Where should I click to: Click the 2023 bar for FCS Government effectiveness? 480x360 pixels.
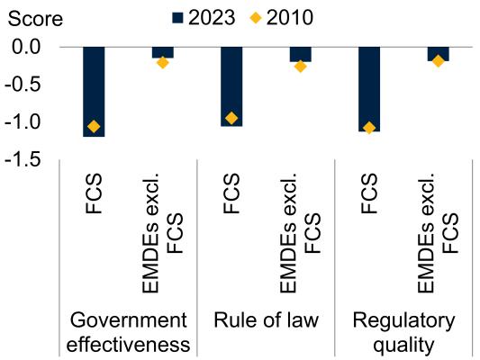pos(94,92)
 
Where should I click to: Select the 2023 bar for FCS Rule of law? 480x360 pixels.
pos(231,86)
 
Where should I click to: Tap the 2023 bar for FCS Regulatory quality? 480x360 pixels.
pos(369,89)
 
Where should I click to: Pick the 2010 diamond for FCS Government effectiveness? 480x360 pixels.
pos(94,126)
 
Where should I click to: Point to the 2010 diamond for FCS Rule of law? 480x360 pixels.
pos(231,118)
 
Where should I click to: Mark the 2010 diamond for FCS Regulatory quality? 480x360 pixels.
pos(369,128)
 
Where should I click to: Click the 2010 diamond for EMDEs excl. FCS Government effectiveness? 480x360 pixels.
pos(163,63)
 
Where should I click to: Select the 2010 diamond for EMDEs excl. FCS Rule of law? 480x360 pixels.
pos(301,67)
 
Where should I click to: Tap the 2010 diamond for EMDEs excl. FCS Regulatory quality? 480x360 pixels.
pos(439,61)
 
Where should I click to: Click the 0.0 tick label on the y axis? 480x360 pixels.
pos(26,47)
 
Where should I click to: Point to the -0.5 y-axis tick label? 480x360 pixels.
pos(23,85)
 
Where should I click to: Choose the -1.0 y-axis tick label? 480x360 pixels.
pos(23,122)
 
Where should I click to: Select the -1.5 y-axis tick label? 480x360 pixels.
pos(23,160)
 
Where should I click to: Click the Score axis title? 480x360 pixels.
pos(35,19)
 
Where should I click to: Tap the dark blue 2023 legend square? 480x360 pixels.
pos(177,18)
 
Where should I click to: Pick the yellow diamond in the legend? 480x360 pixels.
pos(256,18)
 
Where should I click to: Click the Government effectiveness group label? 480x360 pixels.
pos(128,332)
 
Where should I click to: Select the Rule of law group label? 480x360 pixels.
pos(266,320)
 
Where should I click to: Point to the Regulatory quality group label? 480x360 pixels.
pos(403,333)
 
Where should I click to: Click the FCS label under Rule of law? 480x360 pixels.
pos(231,193)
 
